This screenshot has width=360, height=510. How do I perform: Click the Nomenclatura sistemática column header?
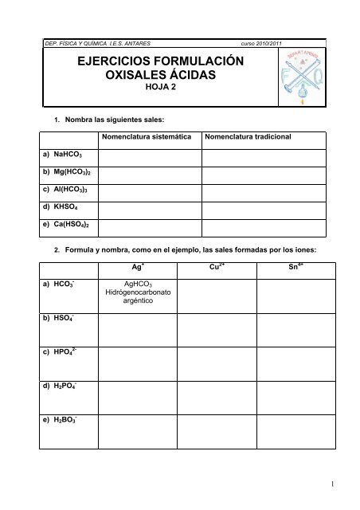[151, 137]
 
